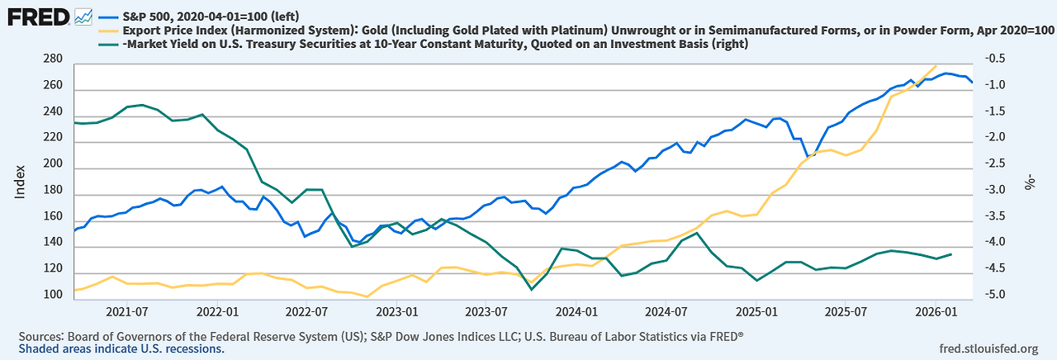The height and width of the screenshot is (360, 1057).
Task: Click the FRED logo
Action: (x=38, y=16)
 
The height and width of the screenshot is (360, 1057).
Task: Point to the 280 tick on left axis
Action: (x=52, y=59)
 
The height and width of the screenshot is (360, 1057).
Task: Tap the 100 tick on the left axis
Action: (x=52, y=295)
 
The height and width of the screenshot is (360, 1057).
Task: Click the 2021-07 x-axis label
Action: (x=127, y=313)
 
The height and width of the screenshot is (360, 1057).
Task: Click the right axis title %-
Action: (x=1030, y=181)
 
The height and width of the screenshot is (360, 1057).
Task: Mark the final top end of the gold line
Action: (x=936, y=66)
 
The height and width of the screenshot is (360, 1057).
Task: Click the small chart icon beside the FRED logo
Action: (x=83, y=16)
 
